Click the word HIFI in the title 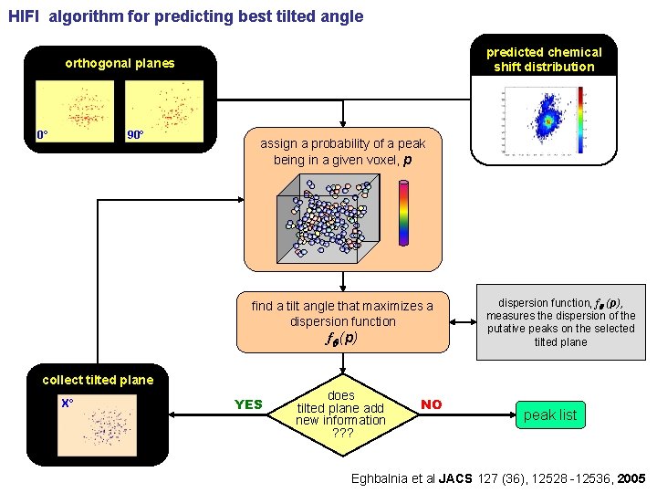25,16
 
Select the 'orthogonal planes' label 119,64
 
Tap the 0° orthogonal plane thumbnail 75,110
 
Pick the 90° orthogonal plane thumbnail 163,110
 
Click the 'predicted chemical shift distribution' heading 544,59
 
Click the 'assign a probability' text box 343,152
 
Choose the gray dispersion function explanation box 560,321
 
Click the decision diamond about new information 341,414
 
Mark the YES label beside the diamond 248,404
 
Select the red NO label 432,404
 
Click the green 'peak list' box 550,415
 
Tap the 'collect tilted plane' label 98,380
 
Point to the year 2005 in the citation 630,478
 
